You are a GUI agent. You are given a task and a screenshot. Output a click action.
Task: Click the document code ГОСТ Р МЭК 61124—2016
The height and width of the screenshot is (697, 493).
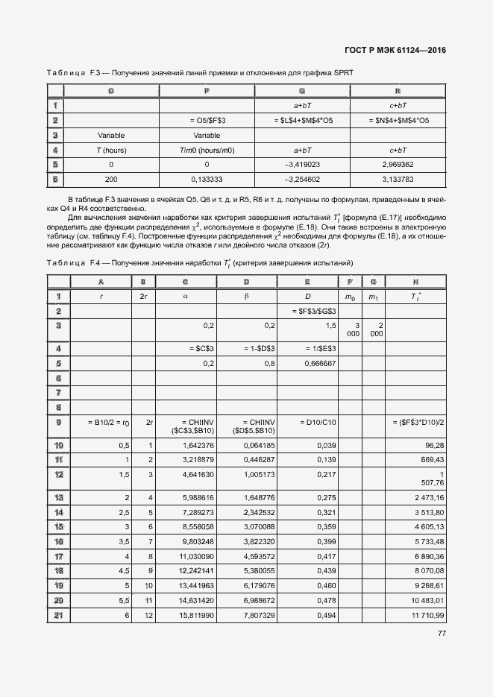point(401,51)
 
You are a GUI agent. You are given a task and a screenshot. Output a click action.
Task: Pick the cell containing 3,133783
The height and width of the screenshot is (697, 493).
point(398,179)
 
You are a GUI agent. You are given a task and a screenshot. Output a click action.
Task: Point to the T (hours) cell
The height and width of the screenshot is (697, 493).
point(111,149)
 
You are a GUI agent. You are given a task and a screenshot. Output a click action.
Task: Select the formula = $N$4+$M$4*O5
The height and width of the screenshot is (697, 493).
point(398,120)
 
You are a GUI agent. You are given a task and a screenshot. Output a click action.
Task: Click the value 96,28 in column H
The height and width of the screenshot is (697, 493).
point(434,446)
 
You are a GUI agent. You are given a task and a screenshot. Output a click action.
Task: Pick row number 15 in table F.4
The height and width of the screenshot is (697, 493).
point(58,526)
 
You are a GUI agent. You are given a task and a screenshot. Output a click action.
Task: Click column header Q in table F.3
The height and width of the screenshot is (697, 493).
point(302,91)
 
